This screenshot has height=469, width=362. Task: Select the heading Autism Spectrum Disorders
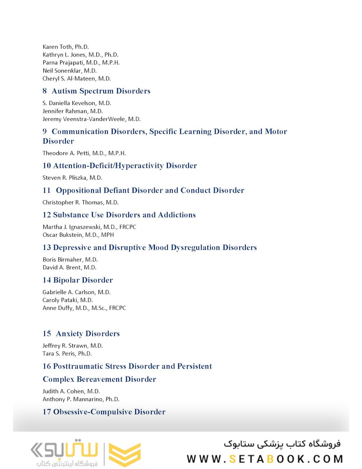pyautogui.click(x=101, y=91)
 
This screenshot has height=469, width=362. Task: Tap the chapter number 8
pyautogui.click(x=45, y=91)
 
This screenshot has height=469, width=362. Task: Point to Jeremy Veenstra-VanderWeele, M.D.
pyautogui.click(x=91, y=119)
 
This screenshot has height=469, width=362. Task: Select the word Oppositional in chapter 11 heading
pyautogui.click(x=78, y=191)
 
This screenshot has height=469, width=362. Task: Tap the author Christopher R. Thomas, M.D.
pyautogui.click(x=81, y=202)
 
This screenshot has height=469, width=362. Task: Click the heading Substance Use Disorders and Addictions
pyautogui.click(x=124, y=215)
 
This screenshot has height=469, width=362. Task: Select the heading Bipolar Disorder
pyautogui.click(x=83, y=280)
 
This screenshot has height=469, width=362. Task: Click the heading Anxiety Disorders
pyautogui.click(x=88, y=334)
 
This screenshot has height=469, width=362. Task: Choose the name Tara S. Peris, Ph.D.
pyautogui.click(x=67, y=354)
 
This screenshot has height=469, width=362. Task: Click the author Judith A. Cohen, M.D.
pyautogui.click(x=71, y=391)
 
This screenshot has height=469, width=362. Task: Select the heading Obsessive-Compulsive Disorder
pyautogui.click(x=109, y=412)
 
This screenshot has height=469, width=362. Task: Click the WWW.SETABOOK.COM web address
pyautogui.click(x=265, y=459)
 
